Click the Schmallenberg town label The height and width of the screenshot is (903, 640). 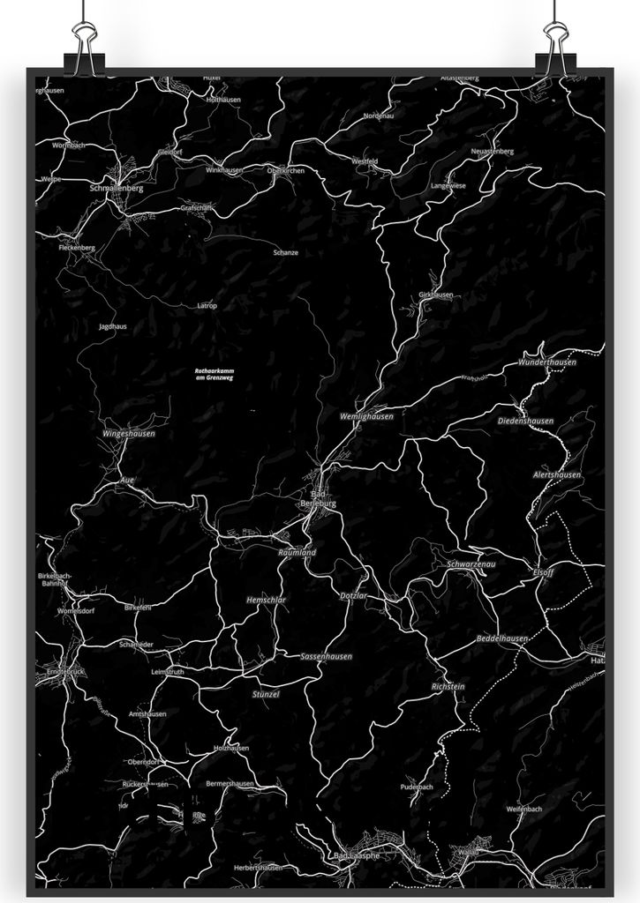tap(116, 188)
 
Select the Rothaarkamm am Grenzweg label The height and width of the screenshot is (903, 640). tap(214, 374)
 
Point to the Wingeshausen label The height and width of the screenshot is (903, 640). tap(128, 434)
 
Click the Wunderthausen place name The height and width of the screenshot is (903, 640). tap(547, 362)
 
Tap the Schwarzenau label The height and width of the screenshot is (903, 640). tap(471, 563)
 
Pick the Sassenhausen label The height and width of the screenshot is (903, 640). tap(326, 656)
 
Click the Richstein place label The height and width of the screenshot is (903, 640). tap(448, 686)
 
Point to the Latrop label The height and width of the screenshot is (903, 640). tap(207, 305)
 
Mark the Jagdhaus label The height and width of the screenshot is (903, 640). tap(112, 326)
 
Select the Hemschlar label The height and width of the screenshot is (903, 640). tap(266, 600)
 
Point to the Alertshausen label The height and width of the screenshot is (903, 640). tap(556, 474)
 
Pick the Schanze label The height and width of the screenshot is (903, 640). tap(285, 252)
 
